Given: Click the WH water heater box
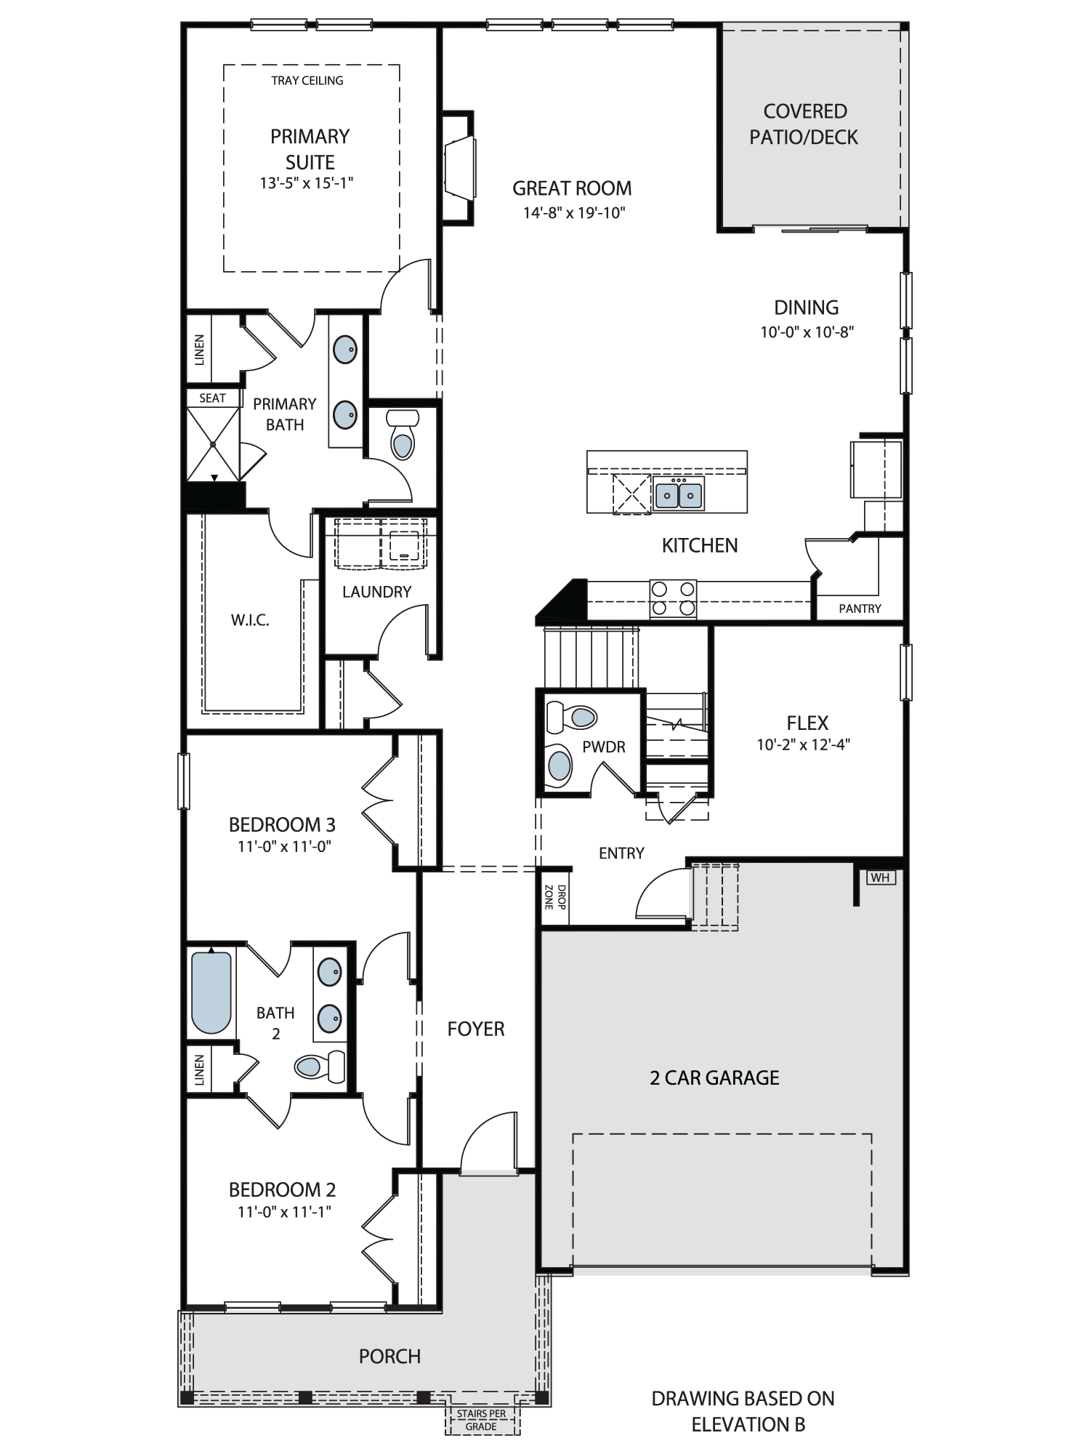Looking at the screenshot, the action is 880,877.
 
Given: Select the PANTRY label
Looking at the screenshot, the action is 860,608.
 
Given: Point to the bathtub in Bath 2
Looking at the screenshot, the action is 211,993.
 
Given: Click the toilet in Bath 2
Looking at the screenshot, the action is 320,1066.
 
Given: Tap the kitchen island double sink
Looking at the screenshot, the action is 679,494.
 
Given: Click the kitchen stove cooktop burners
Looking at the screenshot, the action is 673,598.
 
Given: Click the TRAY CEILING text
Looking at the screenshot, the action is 307,81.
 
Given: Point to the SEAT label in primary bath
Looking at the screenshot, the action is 212,398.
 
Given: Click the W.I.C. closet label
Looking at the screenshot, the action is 250,620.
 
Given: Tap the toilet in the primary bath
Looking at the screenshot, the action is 403,434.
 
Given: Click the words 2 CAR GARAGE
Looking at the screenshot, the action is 714,1077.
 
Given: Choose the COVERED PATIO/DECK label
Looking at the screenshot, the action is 804,124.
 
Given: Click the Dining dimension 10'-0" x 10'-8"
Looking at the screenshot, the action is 807,332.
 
